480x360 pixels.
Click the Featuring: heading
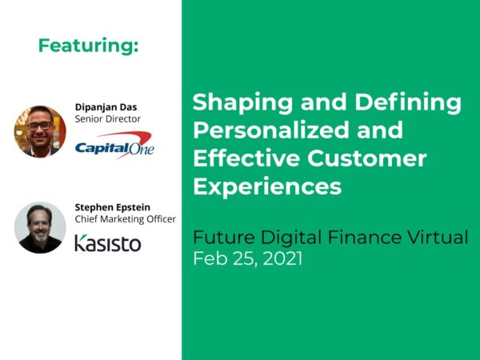point(88,46)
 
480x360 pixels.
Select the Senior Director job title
point(107,118)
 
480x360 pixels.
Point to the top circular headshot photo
point(40,130)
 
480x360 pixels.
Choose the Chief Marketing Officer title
point(125,218)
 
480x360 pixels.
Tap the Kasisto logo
point(107,242)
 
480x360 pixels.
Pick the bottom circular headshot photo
point(40,226)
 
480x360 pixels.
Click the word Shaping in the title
point(234,103)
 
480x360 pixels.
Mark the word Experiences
point(267,186)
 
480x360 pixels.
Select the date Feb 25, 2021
point(247,258)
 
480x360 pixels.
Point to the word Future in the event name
point(221,238)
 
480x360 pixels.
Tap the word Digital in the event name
point(283,238)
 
